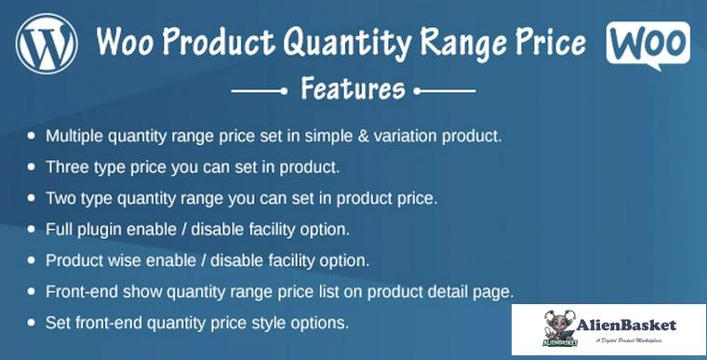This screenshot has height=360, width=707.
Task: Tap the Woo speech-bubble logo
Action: (647, 44)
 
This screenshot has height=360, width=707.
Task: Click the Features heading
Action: (353, 90)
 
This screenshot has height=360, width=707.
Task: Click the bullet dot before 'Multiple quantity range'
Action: (32, 136)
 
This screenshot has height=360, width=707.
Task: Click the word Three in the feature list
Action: (67, 167)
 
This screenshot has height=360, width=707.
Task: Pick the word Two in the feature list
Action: (61, 198)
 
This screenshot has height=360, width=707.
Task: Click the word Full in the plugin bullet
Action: (60, 229)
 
